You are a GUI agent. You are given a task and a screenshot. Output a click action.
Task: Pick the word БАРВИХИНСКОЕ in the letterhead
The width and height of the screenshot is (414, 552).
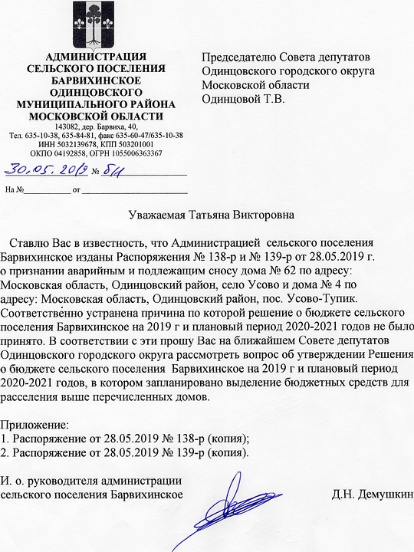[x=95, y=80]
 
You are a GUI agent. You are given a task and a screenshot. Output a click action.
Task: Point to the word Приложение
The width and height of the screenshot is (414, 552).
[x=34, y=424]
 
